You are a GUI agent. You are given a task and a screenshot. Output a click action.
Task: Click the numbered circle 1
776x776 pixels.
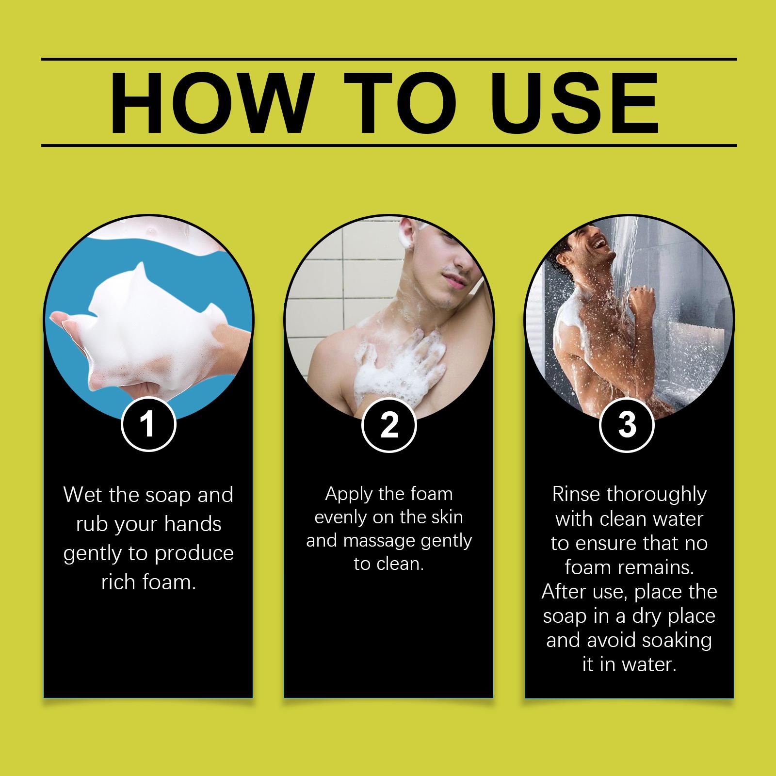point(148,425)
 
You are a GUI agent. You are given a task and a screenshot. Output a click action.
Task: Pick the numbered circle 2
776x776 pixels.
point(388,425)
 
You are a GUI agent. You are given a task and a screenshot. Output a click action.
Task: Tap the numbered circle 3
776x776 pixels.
point(628,425)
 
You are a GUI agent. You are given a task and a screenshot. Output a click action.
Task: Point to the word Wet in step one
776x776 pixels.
point(84,495)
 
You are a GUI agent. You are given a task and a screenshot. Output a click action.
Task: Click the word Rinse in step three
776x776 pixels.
point(576,495)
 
